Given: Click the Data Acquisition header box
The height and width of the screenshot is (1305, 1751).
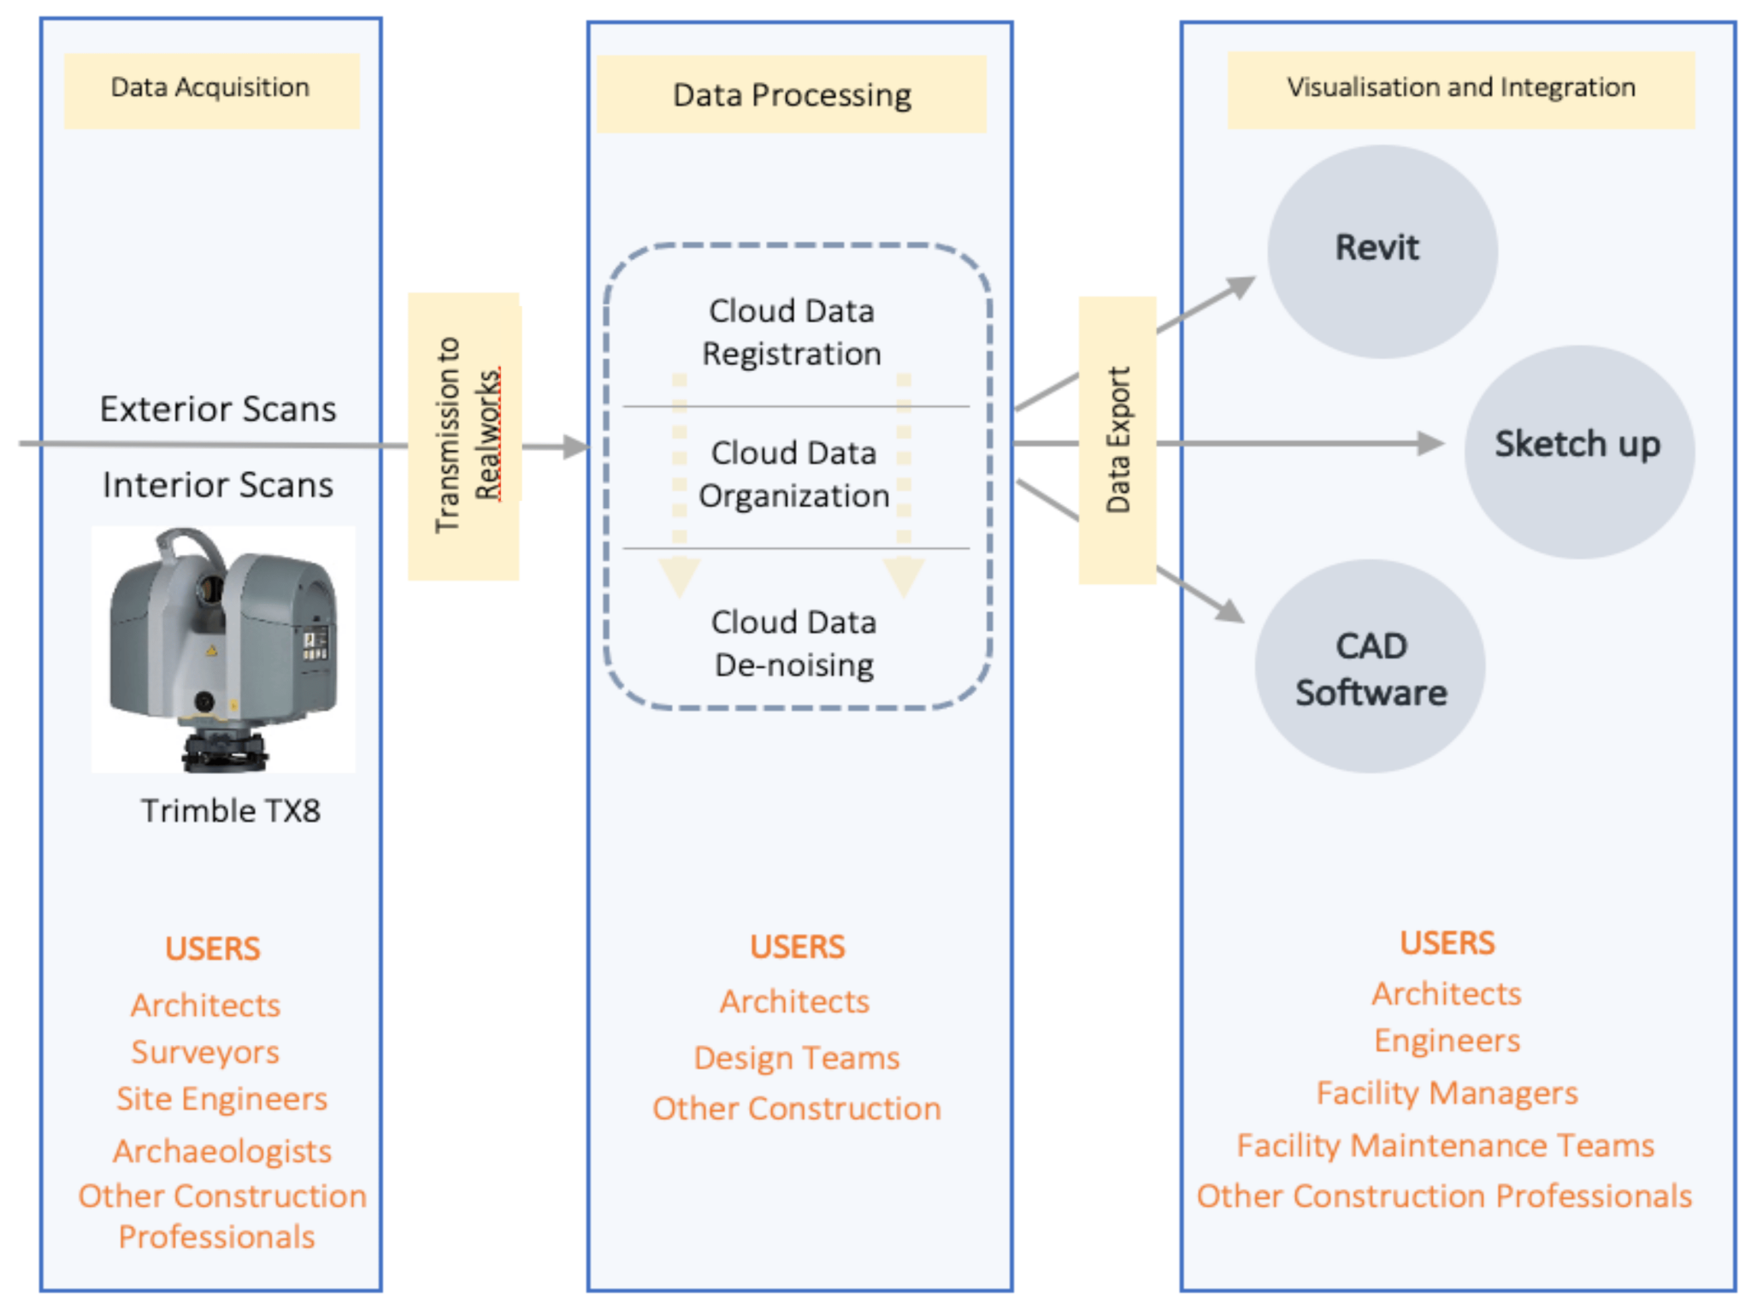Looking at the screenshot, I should (211, 90).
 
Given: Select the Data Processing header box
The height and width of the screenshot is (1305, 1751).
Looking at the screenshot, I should (791, 94).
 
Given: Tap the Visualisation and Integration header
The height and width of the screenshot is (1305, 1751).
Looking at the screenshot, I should (1460, 89).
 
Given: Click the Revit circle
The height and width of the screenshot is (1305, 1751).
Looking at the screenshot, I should (1381, 251).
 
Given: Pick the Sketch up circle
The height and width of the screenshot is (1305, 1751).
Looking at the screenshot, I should (1578, 452).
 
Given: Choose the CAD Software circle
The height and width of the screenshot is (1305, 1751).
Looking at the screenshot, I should (1370, 666).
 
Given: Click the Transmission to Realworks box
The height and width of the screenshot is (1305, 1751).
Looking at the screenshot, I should (464, 436).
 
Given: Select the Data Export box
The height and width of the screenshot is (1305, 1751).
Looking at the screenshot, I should (1117, 440).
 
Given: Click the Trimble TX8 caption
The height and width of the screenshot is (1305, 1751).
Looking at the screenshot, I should (231, 811).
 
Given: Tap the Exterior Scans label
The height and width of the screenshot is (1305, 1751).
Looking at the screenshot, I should (218, 409).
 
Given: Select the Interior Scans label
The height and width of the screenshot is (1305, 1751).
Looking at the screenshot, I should (218, 485).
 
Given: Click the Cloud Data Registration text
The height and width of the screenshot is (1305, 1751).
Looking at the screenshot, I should (792, 332).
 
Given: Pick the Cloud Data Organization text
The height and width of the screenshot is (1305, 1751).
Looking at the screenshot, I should (793, 474).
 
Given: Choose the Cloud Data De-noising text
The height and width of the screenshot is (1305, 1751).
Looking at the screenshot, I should (793, 643).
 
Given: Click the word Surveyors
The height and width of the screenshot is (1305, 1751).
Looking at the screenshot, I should (205, 1052).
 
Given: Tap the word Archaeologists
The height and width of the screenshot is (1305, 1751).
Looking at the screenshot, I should (222, 1151).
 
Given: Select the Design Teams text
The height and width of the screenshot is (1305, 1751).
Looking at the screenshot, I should (796, 1058).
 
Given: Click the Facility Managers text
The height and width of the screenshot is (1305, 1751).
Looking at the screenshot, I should (1447, 1093).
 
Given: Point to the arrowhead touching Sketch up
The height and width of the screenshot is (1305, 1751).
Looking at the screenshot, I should (1432, 443).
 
